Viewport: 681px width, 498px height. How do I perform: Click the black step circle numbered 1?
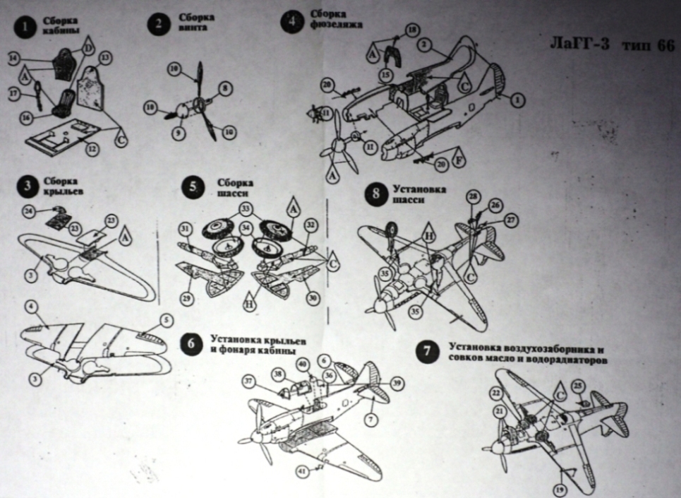point(27,27)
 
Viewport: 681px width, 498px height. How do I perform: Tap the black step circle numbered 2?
point(158,25)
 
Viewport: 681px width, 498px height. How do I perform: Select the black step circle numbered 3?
point(27,187)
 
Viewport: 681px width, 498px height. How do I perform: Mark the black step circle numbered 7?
point(428,352)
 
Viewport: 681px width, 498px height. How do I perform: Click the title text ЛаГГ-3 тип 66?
point(607,45)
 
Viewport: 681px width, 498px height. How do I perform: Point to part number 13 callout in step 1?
point(106,57)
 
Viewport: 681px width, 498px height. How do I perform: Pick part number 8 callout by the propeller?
point(224,88)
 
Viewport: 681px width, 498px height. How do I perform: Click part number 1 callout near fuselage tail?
point(517,100)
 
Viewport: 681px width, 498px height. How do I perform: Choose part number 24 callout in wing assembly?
point(28,211)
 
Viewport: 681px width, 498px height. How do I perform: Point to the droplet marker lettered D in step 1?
point(90,47)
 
